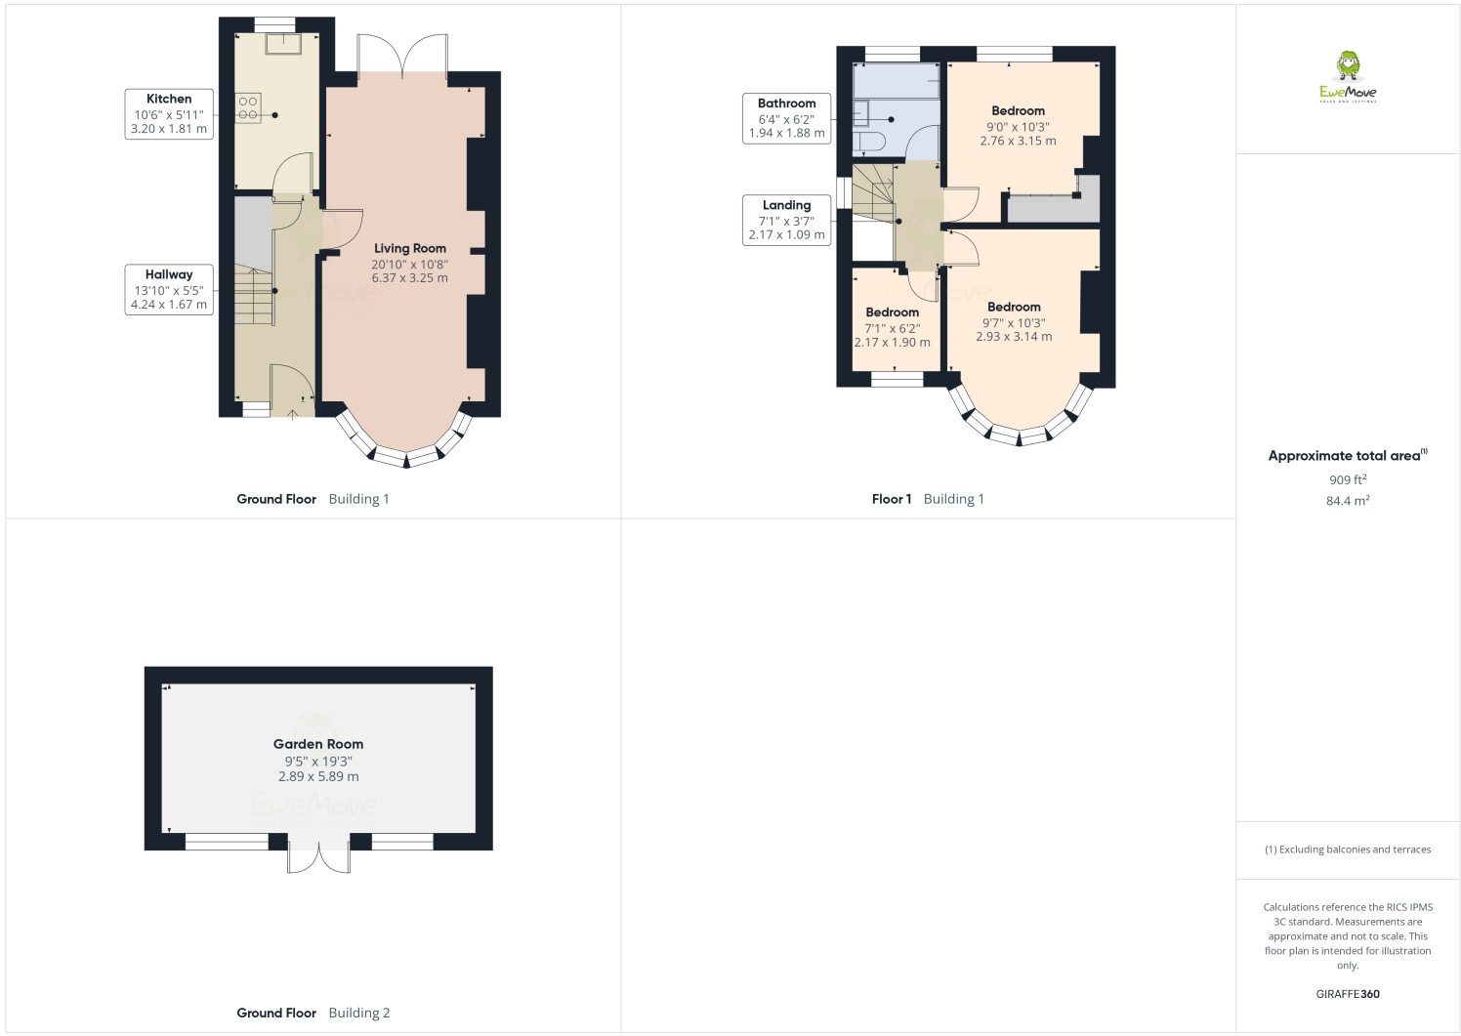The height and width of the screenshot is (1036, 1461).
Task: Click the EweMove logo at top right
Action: point(1348,77)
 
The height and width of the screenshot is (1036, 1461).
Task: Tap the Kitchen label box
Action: point(169,113)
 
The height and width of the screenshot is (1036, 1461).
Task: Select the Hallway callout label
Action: point(169,289)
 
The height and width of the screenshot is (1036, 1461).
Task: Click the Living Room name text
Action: point(410,248)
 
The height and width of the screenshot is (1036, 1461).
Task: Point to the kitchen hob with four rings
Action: point(248,106)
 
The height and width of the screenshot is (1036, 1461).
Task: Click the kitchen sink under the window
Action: point(288,45)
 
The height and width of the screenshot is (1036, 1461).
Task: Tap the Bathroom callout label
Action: point(786,118)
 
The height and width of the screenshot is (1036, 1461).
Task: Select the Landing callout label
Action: point(786,220)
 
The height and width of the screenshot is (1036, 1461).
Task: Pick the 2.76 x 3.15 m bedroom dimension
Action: point(1018,141)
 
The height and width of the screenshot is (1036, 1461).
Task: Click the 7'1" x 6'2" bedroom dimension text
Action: point(892,328)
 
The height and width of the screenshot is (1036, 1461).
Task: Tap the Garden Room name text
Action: point(318,744)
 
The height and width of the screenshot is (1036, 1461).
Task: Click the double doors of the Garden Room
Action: point(318,855)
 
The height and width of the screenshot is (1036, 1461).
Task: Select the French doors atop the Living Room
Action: point(402,56)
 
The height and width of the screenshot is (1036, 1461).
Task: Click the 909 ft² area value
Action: point(1348,479)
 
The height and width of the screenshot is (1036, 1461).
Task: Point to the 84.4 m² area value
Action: point(1348,501)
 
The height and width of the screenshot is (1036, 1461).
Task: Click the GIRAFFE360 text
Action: point(1348,994)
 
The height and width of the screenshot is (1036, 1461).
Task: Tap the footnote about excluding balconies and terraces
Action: point(1348,850)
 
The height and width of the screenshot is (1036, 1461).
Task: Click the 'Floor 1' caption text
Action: point(891,499)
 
